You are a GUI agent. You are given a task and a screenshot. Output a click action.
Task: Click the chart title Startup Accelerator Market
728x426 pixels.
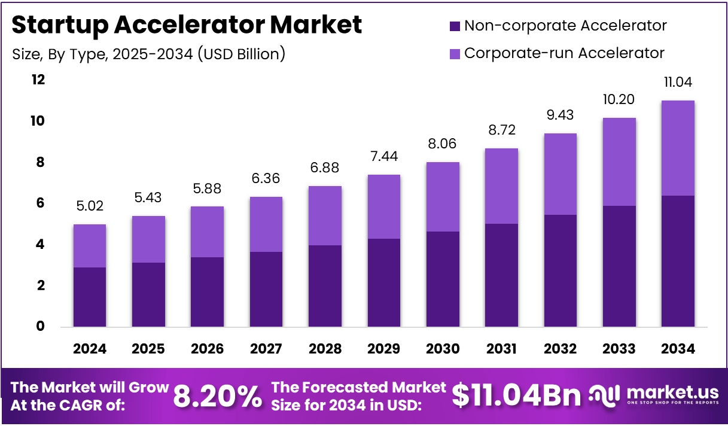187,25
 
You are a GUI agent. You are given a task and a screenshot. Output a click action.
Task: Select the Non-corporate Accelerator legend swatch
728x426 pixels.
454,26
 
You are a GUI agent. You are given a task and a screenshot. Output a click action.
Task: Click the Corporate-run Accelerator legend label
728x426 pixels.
564,53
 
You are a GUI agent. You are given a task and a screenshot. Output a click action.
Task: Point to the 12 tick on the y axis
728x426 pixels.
38,80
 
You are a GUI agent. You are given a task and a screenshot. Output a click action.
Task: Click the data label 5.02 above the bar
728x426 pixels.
90,206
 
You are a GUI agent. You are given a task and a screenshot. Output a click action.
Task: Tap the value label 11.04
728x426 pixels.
678,83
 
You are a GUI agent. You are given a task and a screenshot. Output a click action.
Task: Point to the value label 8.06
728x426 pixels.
443,144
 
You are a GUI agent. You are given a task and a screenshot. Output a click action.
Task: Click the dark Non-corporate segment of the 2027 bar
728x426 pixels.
266,290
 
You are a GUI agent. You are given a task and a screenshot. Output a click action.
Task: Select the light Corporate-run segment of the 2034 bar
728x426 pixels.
678,148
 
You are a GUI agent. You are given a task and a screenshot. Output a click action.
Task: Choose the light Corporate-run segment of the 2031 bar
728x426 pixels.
501,186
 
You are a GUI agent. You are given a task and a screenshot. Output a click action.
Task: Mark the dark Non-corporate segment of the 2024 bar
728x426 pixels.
90,297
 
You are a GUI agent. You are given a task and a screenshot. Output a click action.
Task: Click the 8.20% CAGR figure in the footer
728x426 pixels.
218,396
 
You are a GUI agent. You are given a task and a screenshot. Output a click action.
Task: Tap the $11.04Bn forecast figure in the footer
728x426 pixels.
516,395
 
